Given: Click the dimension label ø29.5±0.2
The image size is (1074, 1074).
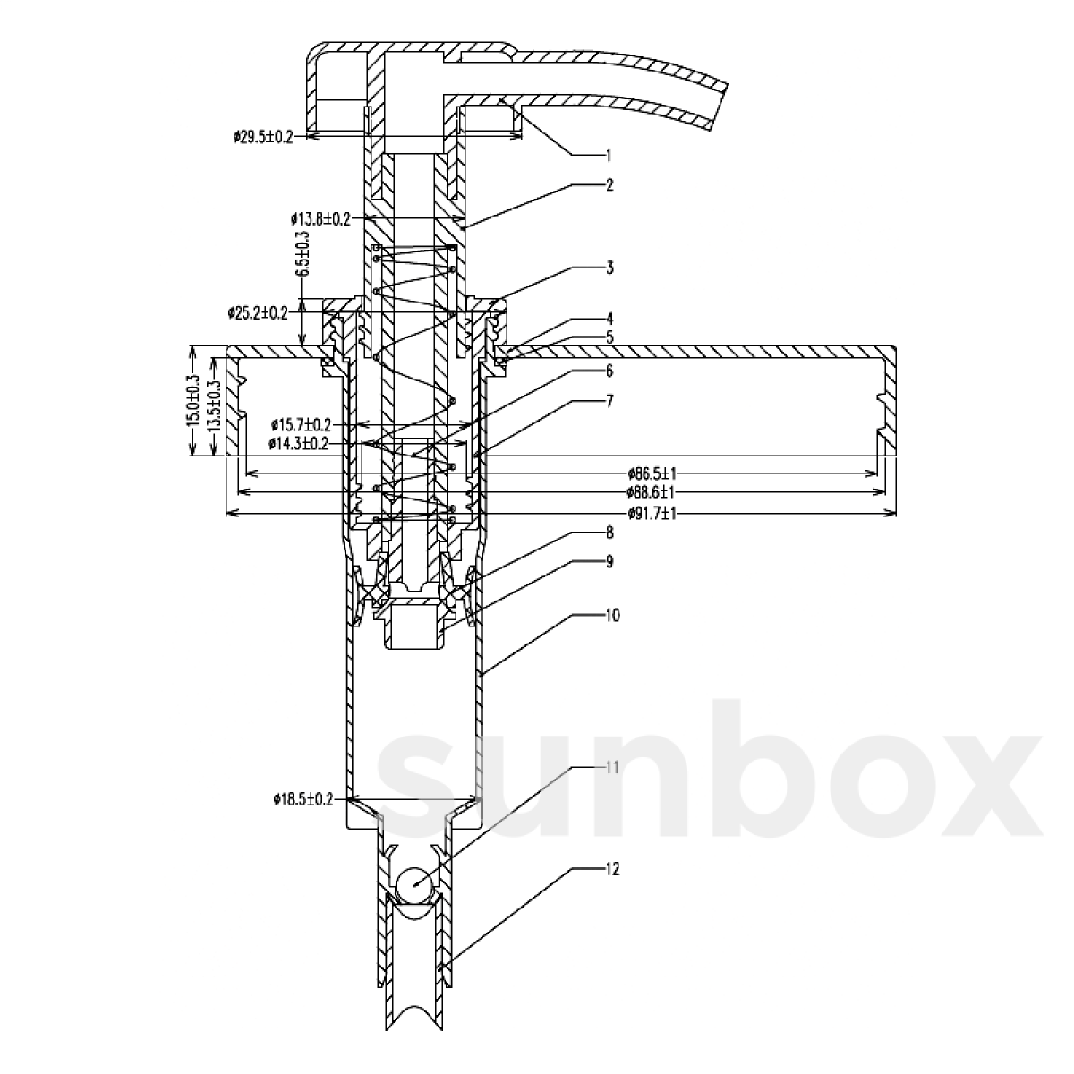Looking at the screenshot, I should point(263,136).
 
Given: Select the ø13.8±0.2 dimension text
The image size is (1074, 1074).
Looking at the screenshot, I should point(320,217).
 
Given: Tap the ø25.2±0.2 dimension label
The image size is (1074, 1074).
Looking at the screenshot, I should point(258,312).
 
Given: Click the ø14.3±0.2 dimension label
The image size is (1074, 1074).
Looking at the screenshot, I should point(298,443).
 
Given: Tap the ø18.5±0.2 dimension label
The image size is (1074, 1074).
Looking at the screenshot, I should point(303,799).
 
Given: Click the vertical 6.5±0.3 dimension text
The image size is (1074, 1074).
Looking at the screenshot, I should point(304,252).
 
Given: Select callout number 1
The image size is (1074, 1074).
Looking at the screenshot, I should point(609,155).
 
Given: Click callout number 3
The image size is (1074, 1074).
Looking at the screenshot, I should point(609,268).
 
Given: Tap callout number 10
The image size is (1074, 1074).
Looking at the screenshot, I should point(611,615).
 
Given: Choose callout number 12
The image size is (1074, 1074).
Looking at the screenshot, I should point(611,868).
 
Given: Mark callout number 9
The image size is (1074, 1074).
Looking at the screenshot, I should point(609,561).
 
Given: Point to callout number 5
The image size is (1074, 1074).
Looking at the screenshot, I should point(609,338).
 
